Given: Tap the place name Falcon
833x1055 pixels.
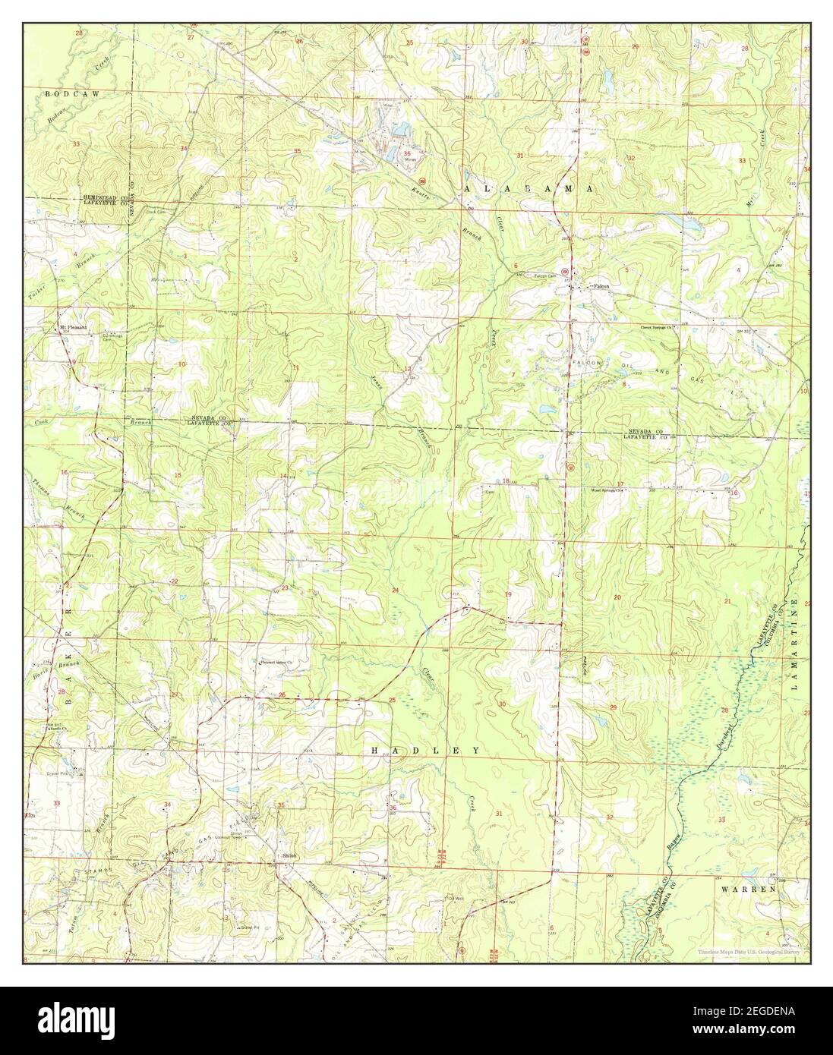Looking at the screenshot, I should point(601,286).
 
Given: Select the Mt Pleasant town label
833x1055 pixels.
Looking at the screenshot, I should point(74,327).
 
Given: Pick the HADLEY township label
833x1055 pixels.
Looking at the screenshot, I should point(425,750).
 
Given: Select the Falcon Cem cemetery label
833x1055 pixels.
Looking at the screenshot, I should point(546,276).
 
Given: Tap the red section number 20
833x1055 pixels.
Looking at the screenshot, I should point(617,598).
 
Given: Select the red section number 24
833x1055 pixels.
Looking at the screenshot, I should point(394,590).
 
